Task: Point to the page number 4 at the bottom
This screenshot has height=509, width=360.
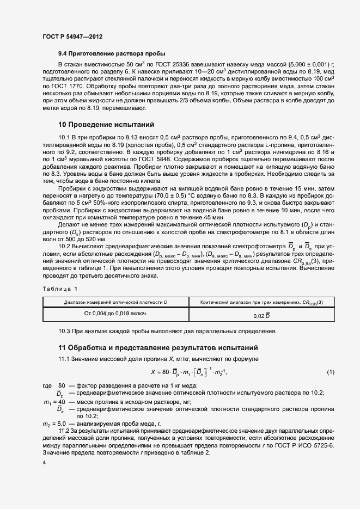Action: coord(44,462)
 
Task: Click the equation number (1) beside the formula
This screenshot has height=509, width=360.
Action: coord(330,372)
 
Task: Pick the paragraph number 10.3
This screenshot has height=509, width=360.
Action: coord(65,331)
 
